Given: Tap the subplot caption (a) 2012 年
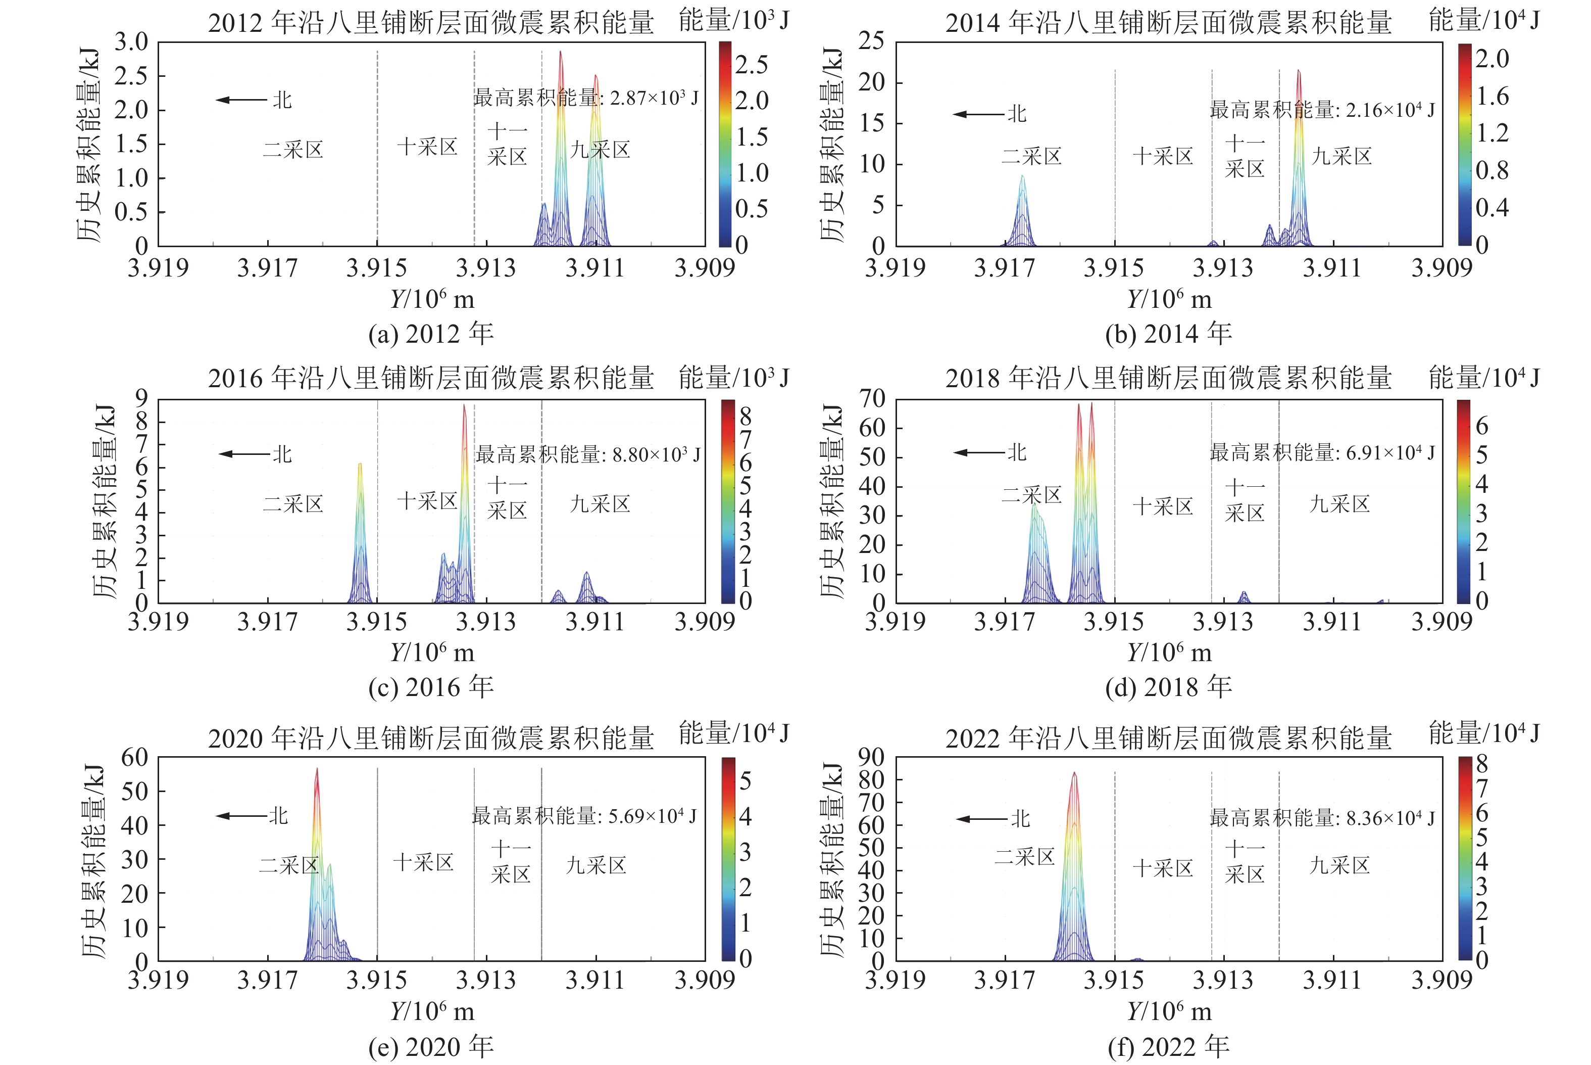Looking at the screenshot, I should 430,334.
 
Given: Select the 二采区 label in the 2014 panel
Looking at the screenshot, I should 1031,156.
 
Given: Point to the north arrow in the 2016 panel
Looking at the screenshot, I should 244,454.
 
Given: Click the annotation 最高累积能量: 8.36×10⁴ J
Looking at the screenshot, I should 1321,818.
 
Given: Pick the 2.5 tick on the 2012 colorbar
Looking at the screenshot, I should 752,65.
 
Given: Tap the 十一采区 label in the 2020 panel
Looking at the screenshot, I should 511,861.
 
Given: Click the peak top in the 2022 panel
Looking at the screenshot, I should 1074,774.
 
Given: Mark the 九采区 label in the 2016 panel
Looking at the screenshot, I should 600,504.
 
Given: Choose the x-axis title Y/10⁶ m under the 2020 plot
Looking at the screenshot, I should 432,1011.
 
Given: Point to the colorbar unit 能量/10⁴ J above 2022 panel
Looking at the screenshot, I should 1484,733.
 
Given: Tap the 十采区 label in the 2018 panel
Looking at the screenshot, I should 1163,506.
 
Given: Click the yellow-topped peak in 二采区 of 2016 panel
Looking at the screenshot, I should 360,465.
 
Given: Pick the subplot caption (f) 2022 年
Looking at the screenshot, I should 1168,1047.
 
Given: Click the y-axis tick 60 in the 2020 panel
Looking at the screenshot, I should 134,757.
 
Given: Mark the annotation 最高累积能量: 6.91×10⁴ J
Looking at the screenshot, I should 1321,452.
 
